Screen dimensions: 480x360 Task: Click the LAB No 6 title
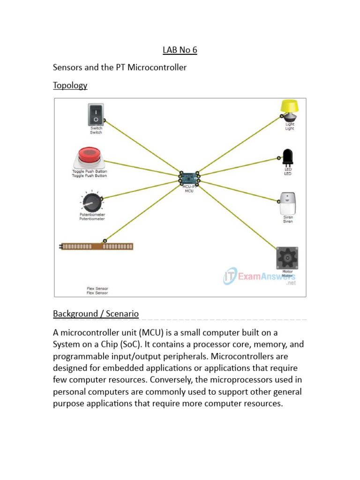[180, 50]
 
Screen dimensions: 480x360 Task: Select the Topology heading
[70, 85]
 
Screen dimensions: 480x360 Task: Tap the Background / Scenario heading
[96, 314]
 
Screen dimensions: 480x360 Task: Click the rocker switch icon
[96, 115]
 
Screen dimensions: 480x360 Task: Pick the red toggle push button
[89, 157]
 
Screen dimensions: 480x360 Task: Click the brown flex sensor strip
[97, 246]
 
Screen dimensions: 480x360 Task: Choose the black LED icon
[288, 157]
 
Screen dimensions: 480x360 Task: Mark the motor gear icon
[287, 257]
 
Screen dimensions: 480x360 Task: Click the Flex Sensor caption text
[97, 291]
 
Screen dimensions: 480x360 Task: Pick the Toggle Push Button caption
[89, 173]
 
